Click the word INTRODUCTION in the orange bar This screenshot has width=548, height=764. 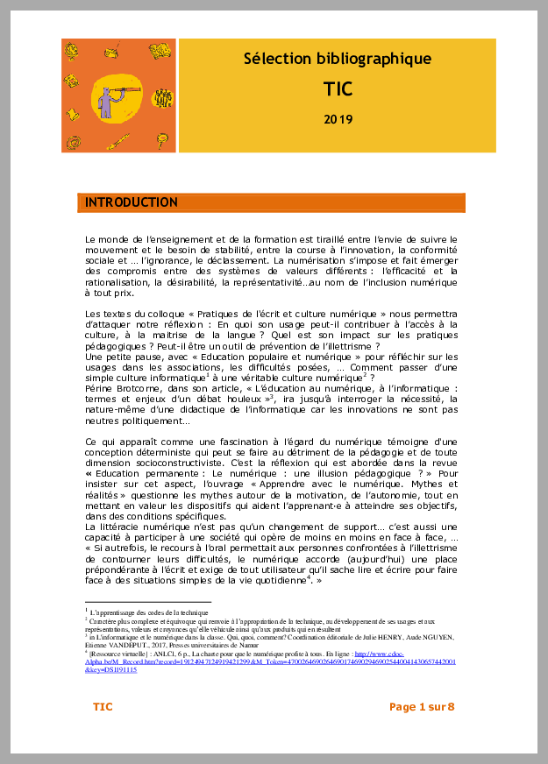[x=132, y=203]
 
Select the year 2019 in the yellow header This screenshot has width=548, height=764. [x=338, y=118]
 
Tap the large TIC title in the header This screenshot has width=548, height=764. [x=338, y=88]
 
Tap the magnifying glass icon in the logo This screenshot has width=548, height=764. [x=162, y=138]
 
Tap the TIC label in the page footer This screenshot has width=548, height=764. [x=103, y=706]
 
